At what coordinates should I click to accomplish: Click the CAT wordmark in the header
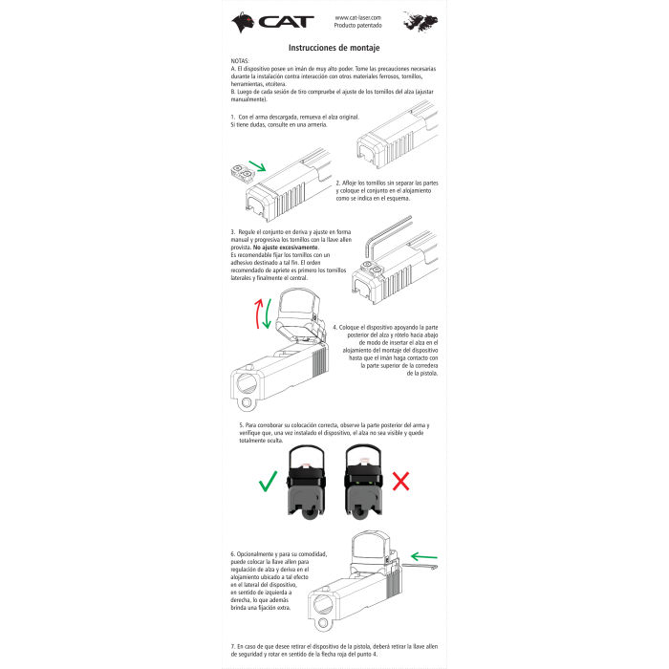[288, 22]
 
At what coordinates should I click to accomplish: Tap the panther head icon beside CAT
[244, 22]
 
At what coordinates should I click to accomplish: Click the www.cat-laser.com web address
[357, 17]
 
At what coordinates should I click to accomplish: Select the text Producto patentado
[357, 27]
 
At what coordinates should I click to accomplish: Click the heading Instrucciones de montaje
[334, 46]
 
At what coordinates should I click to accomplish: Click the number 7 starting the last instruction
[232, 646]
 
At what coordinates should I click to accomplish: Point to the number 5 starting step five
[240, 423]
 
